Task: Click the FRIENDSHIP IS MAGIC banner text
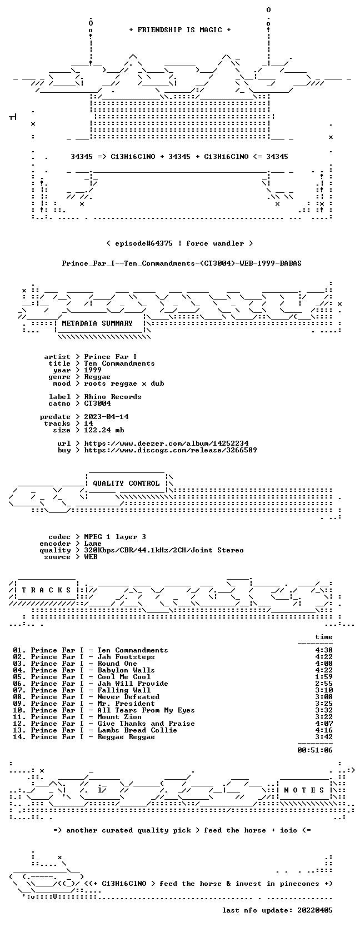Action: click(x=180, y=30)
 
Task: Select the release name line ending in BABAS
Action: click(x=182, y=263)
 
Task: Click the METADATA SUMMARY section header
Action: click(x=97, y=323)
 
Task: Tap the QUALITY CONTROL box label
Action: click(x=126, y=484)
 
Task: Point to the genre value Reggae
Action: click(x=97, y=377)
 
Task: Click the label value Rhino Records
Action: click(x=113, y=397)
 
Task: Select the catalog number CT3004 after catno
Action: click(x=97, y=403)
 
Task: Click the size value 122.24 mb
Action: click(x=104, y=430)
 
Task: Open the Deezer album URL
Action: click(x=166, y=443)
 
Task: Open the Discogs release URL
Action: click(x=171, y=450)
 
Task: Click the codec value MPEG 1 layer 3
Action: click(x=115, y=537)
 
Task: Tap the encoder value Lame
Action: click(x=93, y=544)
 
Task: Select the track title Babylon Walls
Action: click(x=126, y=670)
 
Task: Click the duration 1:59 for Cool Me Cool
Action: click(x=324, y=677)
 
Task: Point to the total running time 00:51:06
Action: click(x=315, y=750)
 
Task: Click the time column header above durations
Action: click(x=324, y=637)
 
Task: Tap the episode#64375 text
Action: click(x=143, y=243)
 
